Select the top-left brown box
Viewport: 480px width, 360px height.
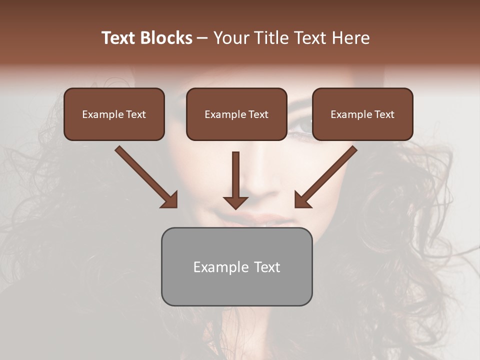click(114, 114)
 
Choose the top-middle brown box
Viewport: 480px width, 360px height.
click(236, 114)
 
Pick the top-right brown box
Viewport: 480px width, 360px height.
click(362, 114)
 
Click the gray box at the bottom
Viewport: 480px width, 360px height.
click(236, 266)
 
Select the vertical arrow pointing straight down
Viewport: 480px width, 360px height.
click(235, 180)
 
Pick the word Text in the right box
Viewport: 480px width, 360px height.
click(384, 114)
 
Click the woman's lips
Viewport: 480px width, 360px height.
click(262, 219)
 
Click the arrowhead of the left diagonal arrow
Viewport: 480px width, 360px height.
click(170, 200)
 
